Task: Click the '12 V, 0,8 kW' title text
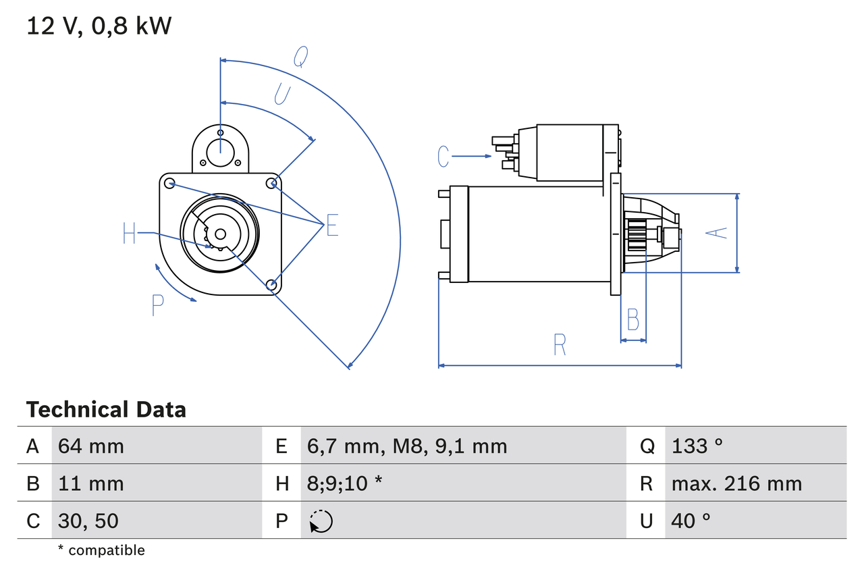99,26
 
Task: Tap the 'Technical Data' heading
106,410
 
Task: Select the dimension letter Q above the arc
301,58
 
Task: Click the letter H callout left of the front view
130,234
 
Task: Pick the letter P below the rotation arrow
157,306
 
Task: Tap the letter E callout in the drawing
332,226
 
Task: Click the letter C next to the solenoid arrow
443,157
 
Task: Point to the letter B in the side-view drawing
632,319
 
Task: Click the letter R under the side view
560,345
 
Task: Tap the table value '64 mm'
91,446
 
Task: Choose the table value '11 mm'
91,483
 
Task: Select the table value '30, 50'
88,521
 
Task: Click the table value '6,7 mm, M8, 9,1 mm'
407,446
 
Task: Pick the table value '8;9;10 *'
345,483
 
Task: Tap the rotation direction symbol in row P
321,521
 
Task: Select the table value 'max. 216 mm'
736,483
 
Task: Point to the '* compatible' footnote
101,550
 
